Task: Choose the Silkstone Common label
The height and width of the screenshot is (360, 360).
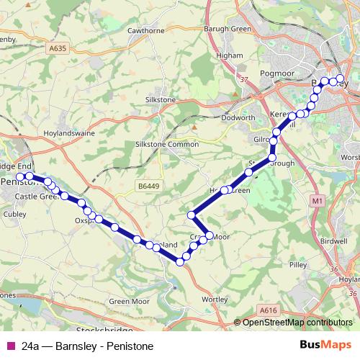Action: [x=166, y=145]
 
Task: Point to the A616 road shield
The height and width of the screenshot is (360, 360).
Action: [x=270, y=310]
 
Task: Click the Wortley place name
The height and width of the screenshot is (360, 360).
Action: [x=215, y=298]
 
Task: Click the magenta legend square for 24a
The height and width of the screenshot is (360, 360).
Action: [x=9, y=346]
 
